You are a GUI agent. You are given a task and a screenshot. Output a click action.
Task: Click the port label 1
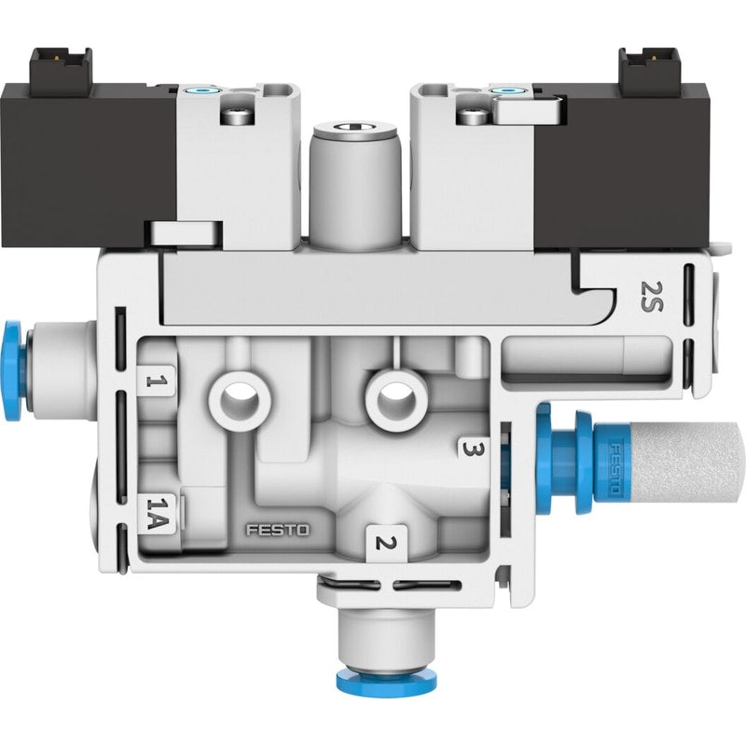click(157, 380)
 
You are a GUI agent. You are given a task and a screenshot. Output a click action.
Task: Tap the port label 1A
click(157, 513)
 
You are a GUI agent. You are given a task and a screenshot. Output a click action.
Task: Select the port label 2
click(385, 543)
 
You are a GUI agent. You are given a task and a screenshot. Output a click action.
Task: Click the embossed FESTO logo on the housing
click(277, 530)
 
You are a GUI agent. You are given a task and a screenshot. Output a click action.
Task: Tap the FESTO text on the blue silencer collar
click(615, 469)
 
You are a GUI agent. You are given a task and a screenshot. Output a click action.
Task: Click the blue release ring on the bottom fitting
click(386, 681)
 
